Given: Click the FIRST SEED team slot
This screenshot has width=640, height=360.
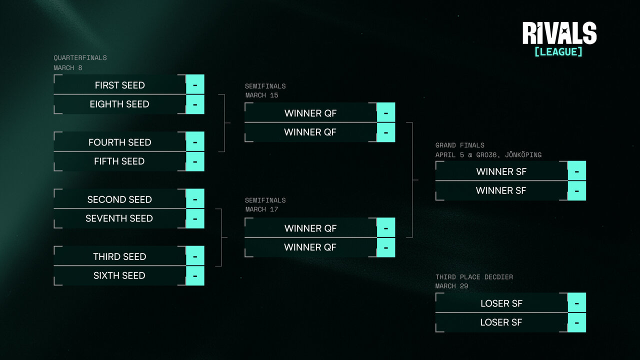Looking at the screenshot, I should point(119,85).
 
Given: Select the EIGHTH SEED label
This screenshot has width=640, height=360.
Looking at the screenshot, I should point(119,104).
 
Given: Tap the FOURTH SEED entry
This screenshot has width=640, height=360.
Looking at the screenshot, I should point(119,142).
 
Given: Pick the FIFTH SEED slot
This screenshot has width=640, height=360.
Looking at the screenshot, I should point(119,161).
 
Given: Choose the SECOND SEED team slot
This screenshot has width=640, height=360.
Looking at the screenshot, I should point(119,199).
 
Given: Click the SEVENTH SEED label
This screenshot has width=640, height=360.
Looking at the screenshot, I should point(119,218).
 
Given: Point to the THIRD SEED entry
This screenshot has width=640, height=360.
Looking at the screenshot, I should point(119,256).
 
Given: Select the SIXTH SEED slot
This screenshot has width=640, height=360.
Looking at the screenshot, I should point(119,275).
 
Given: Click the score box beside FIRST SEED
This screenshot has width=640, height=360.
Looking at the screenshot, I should point(195,85).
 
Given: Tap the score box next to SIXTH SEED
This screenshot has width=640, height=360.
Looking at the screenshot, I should point(195,275).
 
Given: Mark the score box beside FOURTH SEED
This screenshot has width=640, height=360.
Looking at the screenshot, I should point(195,142).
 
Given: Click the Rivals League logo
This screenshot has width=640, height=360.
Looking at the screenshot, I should point(559,39).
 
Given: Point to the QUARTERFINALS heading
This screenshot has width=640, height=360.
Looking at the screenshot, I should point(80,58).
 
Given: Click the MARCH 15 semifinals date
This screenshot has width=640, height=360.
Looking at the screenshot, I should point(261,95).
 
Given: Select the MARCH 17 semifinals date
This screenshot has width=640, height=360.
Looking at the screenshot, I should point(261,209).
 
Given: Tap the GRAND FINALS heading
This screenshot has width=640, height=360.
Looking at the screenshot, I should point(459,145).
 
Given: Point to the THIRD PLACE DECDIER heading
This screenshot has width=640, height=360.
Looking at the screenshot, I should point(474,277).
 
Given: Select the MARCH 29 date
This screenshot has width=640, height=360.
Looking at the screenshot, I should point(452,286).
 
